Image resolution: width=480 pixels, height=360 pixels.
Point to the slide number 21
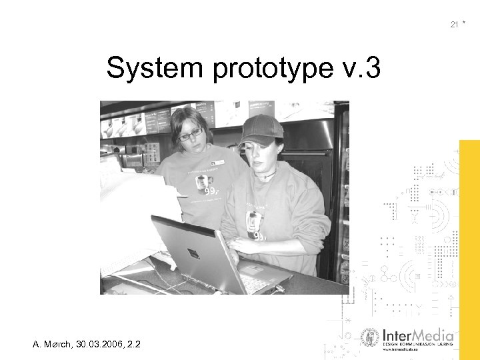[x=454, y=25]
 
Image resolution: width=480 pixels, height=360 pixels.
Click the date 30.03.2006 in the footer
[x=101, y=344]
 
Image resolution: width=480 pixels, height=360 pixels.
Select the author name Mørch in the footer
[x=61, y=344]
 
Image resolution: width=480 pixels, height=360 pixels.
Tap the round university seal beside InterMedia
[x=369, y=338]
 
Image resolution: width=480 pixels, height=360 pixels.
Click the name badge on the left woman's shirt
[x=218, y=161]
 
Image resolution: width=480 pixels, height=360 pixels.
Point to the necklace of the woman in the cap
[x=266, y=176]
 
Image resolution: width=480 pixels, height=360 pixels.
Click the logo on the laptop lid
[x=193, y=253]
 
